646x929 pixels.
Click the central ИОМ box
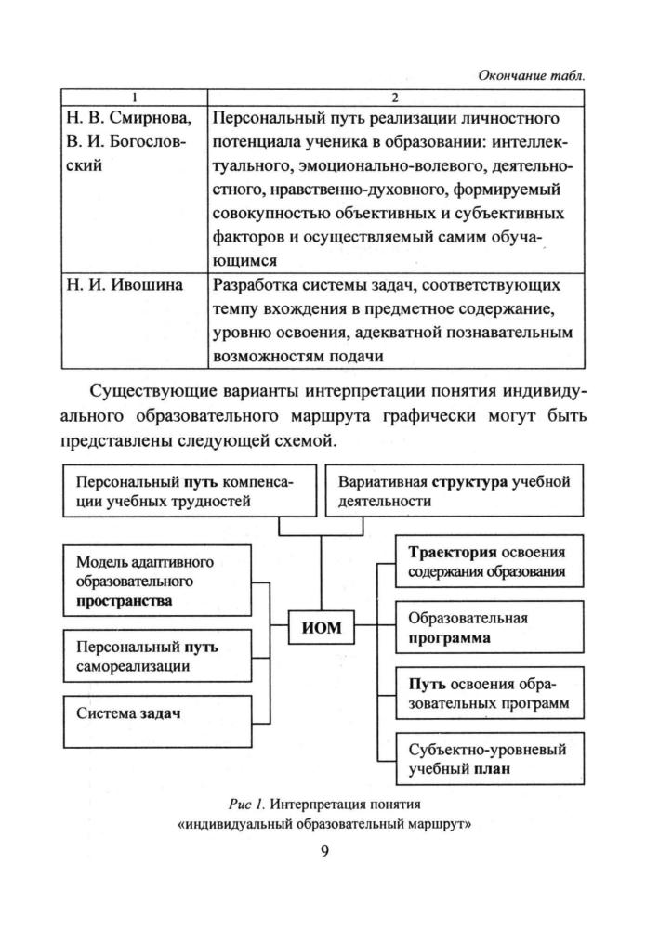[x=323, y=628]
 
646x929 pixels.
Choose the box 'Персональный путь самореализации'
[x=157, y=656]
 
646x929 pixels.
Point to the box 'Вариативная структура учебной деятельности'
[x=455, y=491]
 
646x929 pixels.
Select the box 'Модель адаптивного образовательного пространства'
[x=157, y=582]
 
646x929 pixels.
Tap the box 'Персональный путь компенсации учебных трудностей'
[x=185, y=491]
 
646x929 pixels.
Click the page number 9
[x=323, y=853]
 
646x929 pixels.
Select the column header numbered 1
[x=134, y=97]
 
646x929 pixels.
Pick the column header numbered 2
[x=396, y=97]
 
